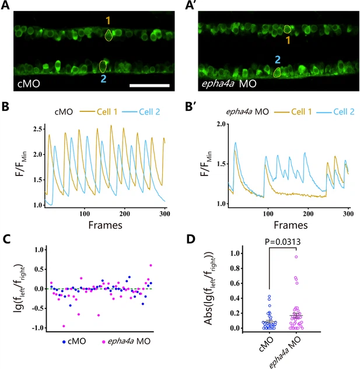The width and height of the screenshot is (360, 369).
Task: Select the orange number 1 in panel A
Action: pyautogui.click(x=107, y=20)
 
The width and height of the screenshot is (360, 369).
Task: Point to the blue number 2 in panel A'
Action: pyautogui.click(x=278, y=59)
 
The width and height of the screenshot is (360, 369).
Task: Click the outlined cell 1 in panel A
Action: pyautogui.click(x=109, y=36)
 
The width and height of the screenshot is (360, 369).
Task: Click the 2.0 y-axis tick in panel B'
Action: pyautogui.click(x=221, y=125)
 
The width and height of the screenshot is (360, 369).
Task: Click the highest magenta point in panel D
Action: pyautogui.click(x=296, y=256)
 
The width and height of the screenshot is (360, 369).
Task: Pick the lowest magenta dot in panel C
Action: pyautogui.click(x=64, y=325)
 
